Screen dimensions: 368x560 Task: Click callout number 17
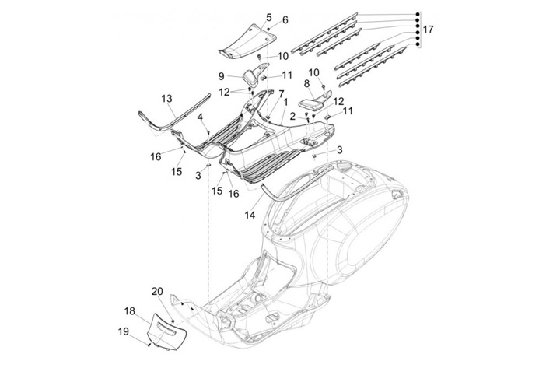pyautogui.click(x=429, y=30)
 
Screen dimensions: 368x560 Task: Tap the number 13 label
pyautogui.click(x=166, y=98)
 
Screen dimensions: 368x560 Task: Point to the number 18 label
pyautogui.click(x=130, y=310)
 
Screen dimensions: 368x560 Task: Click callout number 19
pyautogui.click(x=124, y=331)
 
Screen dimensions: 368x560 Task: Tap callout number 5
pyautogui.click(x=268, y=16)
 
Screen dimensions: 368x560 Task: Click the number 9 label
pyautogui.click(x=221, y=76)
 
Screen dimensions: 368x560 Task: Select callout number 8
pyautogui.click(x=306, y=82)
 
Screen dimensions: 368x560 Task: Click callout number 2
pyautogui.click(x=292, y=116)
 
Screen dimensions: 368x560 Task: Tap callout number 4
pyautogui.click(x=200, y=117)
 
